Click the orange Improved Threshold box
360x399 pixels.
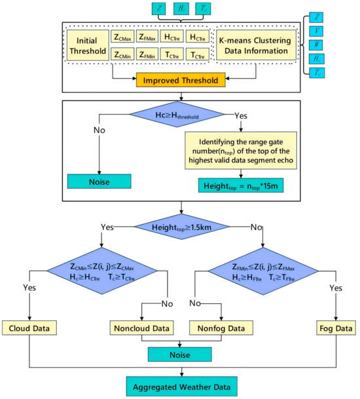180,81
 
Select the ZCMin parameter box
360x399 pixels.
127,57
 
